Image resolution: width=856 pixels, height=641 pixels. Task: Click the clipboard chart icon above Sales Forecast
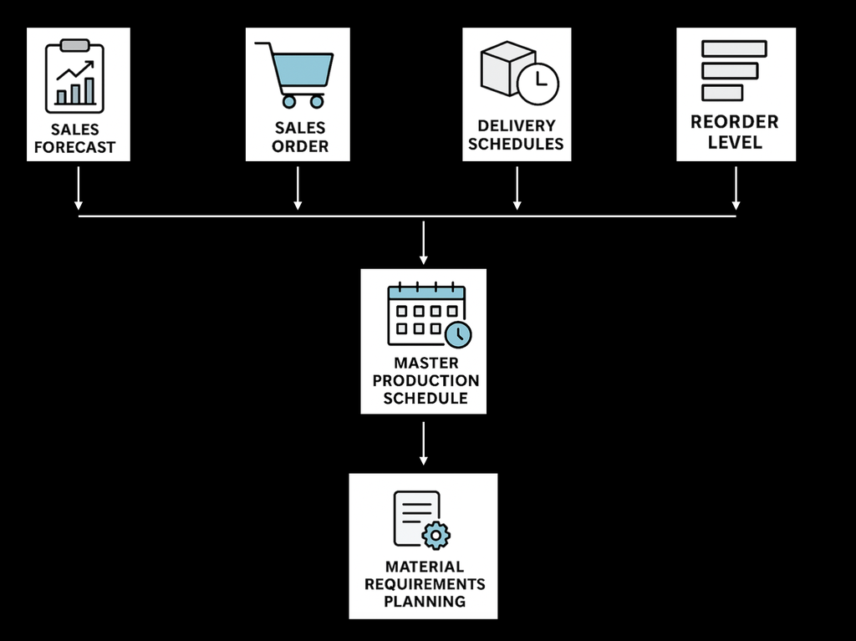click(x=74, y=76)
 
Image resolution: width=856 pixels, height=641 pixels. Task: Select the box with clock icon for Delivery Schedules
click(x=518, y=73)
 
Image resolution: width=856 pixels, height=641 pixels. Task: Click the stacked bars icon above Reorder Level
click(x=734, y=71)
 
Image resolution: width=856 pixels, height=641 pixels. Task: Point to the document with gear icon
click(x=421, y=520)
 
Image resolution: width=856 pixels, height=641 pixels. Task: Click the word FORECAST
click(x=74, y=148)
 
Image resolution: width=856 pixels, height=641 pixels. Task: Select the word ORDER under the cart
click(x=300, y=146)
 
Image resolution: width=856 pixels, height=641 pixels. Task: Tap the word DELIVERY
click(x=517, y=125)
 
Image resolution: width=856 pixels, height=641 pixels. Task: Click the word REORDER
click(x=735, y=122)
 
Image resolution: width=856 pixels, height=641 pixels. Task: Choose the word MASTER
click(x=426, y=364)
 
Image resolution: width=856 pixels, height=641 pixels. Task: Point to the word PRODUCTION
click(x=426, y=381)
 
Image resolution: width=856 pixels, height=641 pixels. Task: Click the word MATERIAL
click(x=425, y=567)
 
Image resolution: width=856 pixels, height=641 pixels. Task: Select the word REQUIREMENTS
click(x=425, y=583)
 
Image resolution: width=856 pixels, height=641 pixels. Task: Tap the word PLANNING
click(x=425, y=601)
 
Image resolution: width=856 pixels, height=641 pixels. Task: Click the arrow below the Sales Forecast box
click(x=79, y=188)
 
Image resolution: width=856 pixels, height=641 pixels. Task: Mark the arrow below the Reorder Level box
click(x=736, y=188)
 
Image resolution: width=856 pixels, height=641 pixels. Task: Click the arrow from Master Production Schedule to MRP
click(x=424, y=443)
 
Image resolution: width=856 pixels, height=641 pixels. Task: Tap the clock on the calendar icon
click(x=457, y=333)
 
